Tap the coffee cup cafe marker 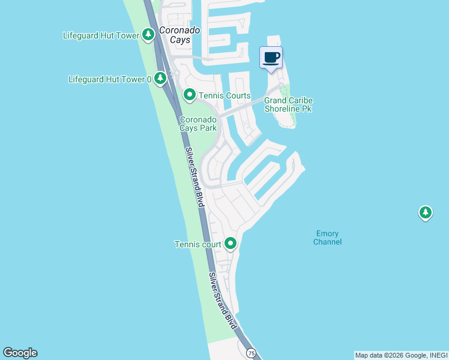pyautogui.click(x=271, y=58)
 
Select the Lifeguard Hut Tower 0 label pyautogui.click(x=109, y=79)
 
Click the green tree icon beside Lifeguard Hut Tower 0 pyautogui.click(x=160, y=78)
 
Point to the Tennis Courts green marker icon pyautogui.click(x=190, y=95)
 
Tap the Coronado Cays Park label pyautogui.click(x=198, y=124)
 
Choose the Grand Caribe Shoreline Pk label pyautogui.click(x=288, y=104)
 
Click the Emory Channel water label pyautogui.click(x=328, y=238)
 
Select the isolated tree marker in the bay pyautogui.click(x=426, y=212)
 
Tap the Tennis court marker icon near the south pyautogui.click(x=231, y=244)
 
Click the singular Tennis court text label pyautogui.click(x=197, y=244)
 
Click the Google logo pyautogui.click(x=20, y=353)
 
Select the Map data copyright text pyautogui.click(x=400, y=355)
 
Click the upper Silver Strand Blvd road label pyautogui.click(x=194, y=178)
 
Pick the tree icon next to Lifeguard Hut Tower pyautogui.click(x=149, y=35)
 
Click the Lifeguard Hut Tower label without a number pyautogui.click(x=101, y=35)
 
